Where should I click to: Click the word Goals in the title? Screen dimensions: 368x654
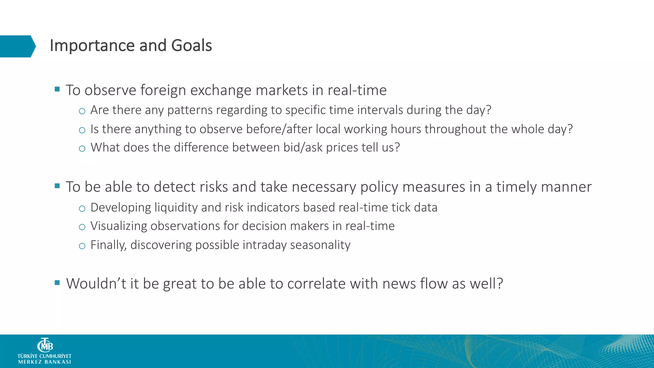coord(191,46)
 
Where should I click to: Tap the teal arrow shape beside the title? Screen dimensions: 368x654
coord(18,46)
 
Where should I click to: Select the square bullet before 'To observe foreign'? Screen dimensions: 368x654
coord(57,89)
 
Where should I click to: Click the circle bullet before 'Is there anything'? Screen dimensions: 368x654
coord(82,130)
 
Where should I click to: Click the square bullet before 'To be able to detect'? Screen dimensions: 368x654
coord(57,186)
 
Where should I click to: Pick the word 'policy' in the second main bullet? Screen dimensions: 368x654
coord(379,187)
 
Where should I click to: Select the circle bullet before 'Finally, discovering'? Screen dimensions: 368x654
coord(82,246)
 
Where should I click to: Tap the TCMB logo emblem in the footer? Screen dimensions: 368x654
coord(45,346)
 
